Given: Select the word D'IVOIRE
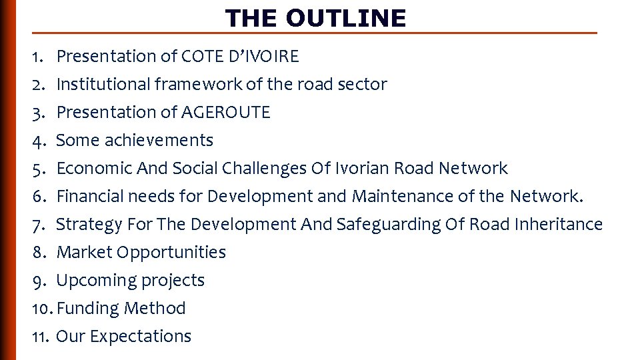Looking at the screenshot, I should (264, 57).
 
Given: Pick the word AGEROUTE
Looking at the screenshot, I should (226, 113).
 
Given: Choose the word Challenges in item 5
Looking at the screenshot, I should (263, 169).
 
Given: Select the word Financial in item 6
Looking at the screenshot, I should (89, 197).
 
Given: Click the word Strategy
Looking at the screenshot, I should (89, 225).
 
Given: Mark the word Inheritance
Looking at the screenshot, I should (559, 225).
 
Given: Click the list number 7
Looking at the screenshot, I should (38, 225).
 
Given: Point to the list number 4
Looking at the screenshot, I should (38, 141).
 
